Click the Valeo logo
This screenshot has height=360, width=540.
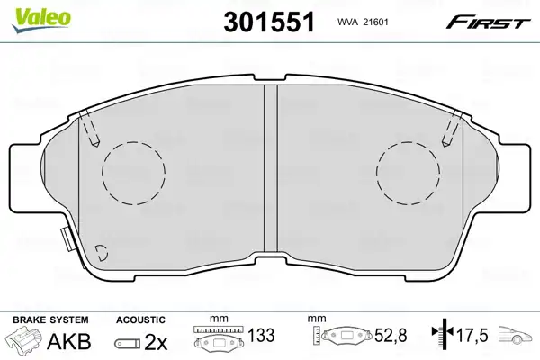point(41,20)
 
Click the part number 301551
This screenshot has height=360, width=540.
point(269,22)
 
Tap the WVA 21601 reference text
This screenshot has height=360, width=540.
point(363,22)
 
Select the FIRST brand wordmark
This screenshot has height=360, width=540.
point(488,22)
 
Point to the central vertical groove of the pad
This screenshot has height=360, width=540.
point(271,167)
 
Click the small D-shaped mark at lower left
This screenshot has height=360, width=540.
point(102,253)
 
